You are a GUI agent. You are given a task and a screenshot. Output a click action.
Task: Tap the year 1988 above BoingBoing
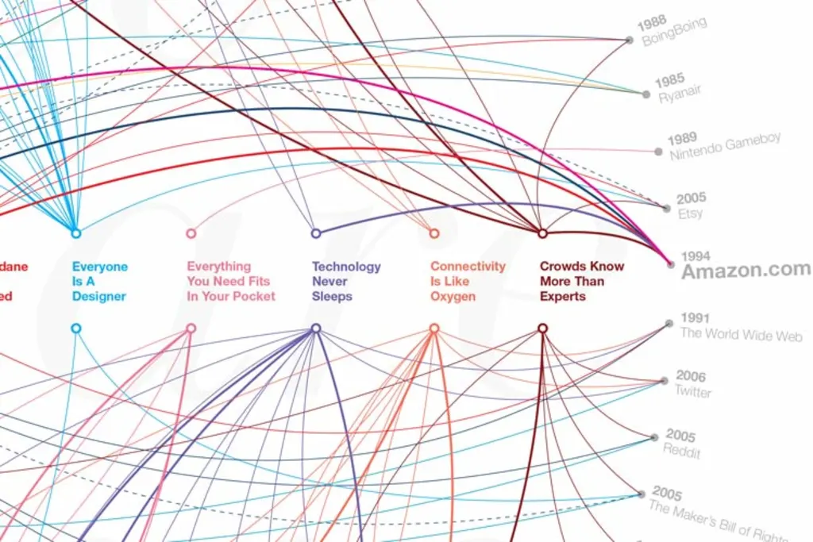(653, 21)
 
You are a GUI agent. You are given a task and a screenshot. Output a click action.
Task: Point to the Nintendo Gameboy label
(725, 146)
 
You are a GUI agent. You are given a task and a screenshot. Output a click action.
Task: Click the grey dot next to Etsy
(666, 208)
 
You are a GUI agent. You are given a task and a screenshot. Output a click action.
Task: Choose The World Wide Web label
(741, 334)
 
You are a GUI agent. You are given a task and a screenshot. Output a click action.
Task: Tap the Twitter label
(693, 391)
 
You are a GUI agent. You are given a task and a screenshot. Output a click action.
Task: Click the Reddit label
(682, 451)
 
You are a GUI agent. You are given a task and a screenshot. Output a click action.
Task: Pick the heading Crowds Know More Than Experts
(581, 281)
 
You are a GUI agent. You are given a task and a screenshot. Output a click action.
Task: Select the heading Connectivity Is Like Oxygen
(468, 281)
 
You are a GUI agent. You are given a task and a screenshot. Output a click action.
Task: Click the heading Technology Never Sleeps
(346, 281)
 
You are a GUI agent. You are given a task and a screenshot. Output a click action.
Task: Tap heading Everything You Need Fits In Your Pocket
(231, 281)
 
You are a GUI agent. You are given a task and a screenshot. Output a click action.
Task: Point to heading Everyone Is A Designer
(100, 281)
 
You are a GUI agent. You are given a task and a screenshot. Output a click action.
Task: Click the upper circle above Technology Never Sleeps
(316, 233)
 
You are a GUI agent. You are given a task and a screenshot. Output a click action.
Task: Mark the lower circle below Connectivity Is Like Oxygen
(434, 329)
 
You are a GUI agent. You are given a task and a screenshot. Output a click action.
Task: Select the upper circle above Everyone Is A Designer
(76, 233)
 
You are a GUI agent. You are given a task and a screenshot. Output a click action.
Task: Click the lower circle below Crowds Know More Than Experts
(543, 329)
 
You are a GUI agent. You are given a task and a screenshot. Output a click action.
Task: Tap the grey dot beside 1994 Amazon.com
(671, 263)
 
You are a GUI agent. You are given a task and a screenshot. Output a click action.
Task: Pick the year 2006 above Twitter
(690, 376)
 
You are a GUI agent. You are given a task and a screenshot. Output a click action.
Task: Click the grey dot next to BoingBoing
(629, 40)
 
